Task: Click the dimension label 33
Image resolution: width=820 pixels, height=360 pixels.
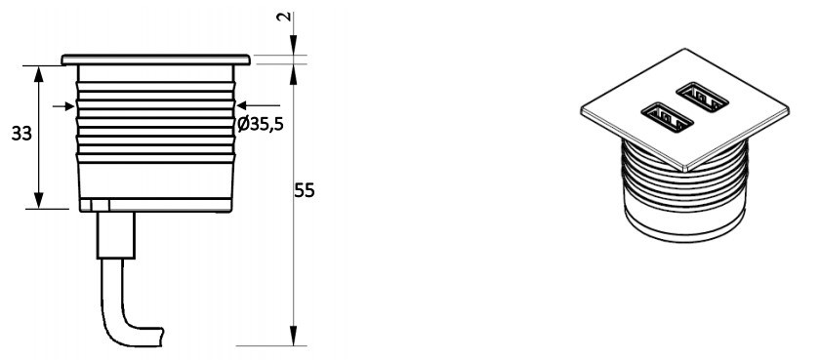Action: [21, 134]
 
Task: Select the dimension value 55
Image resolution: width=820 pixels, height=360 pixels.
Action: [305, 190]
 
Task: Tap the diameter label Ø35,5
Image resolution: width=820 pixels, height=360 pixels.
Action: [260, 124]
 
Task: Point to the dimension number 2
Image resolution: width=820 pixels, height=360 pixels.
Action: [283, 17]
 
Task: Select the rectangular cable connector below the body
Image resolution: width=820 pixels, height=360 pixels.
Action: [116, 235]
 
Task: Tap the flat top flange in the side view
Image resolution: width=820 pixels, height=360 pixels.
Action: [156, 60]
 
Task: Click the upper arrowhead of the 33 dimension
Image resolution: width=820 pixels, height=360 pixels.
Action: [38, 74]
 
